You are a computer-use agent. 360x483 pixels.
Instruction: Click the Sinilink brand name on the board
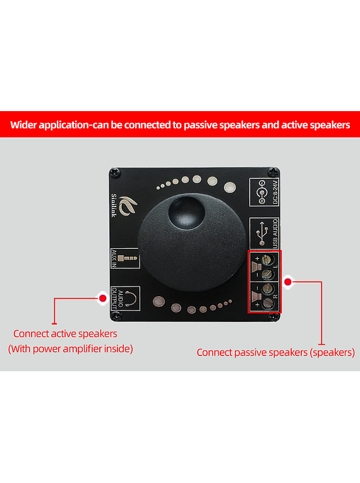tap(114, 205)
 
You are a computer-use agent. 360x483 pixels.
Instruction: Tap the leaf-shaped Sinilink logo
tap(128, 206)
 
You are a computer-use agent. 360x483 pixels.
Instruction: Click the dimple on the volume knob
tap(186, 213)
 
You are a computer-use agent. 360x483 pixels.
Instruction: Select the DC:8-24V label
tap(275, 192)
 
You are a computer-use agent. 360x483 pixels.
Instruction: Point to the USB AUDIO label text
tap(275, 233)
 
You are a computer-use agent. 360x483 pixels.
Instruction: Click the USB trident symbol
tap(262, 233)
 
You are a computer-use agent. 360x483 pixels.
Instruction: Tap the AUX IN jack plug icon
tap(128, 258)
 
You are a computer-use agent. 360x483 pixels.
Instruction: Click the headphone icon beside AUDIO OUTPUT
tap(130, 299)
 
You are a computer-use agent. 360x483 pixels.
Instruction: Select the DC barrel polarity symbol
tap(261, 193)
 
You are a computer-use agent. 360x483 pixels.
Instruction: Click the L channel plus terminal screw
tap(267, 259)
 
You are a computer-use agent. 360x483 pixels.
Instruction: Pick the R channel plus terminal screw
tap(268, 304)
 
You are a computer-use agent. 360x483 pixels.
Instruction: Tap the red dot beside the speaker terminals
tap(288, 282)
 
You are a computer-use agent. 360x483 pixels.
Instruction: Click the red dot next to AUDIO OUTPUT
tap(103, 298)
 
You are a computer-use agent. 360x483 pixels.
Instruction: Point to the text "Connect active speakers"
tap(65, 333)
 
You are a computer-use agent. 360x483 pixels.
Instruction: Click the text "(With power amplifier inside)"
tap(71, 349)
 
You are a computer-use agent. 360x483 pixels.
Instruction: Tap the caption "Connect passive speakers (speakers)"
tap(276, 352)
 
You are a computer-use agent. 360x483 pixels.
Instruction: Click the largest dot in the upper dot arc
tap(230, 187)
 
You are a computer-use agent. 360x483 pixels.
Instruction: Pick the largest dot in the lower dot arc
tap(159, 302)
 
